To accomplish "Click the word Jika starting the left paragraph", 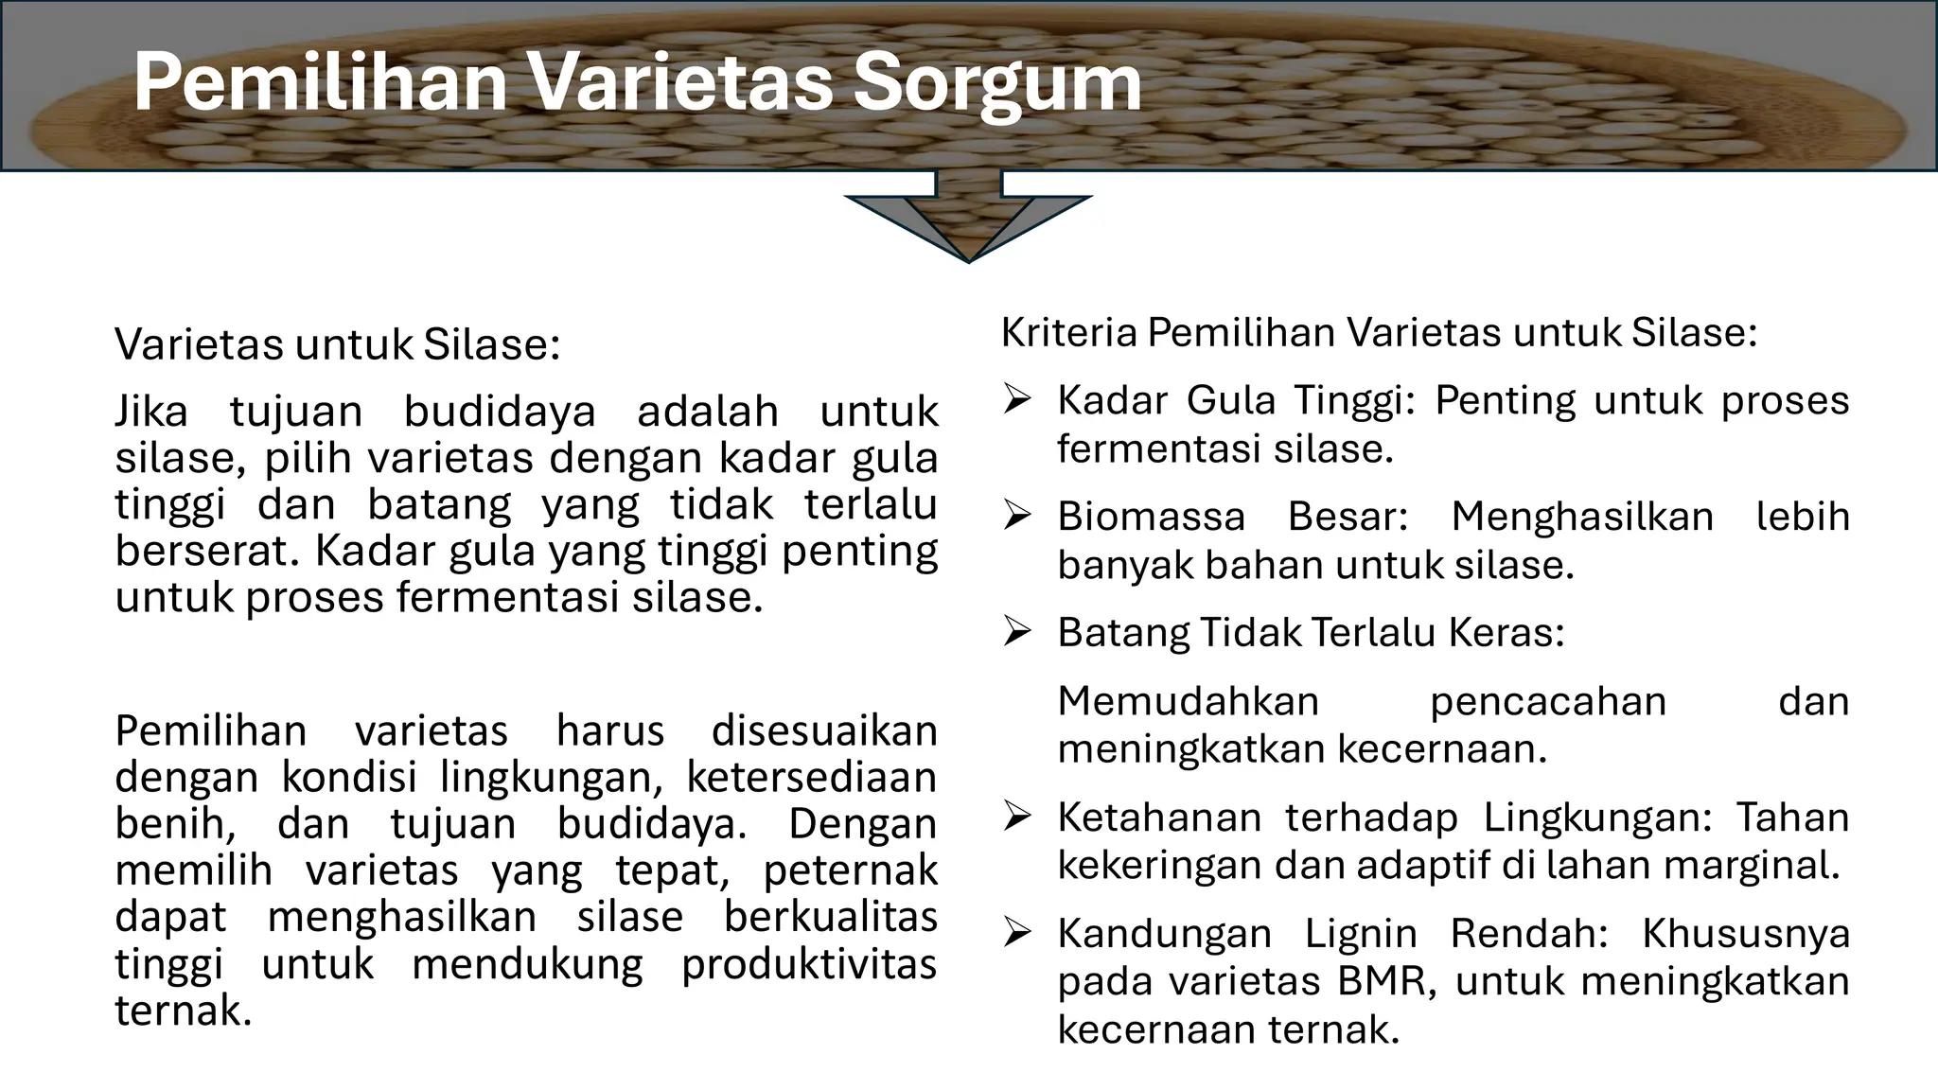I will coord(151,412).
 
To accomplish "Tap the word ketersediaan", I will coord(811,777).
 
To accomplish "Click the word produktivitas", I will coord(809,964).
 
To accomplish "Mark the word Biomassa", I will coord(1151,517).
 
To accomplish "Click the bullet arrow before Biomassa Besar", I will coord(1016,517).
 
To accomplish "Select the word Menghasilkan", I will coord(1582,517).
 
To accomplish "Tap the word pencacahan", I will coord(1547,701).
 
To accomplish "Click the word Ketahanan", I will coord(1159,817).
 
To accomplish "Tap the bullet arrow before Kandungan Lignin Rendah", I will coord(1016,934).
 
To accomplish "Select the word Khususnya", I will coord(1745,934).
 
